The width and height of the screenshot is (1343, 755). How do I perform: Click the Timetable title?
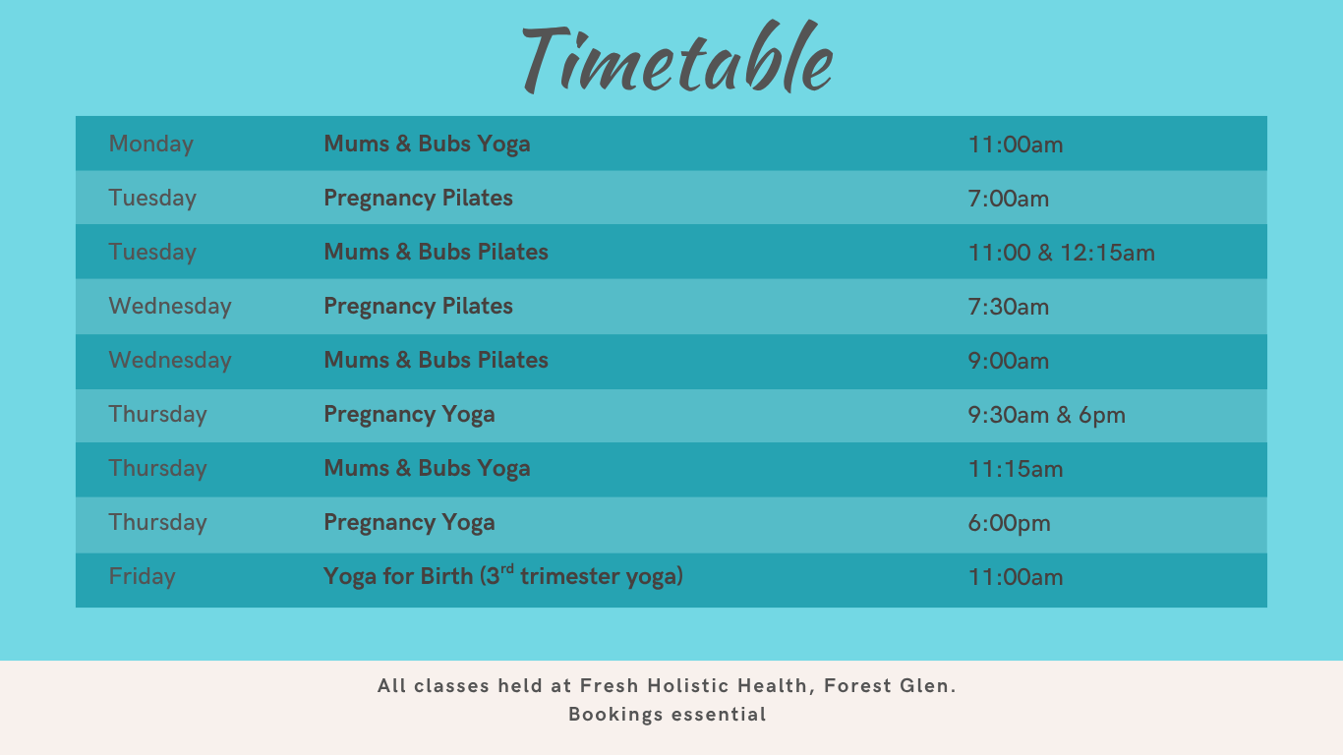[677, 57]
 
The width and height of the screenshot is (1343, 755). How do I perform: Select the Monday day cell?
[151, 145]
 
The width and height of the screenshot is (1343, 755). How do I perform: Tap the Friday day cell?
[143, 576]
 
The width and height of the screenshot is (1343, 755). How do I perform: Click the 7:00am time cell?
[1009, 199]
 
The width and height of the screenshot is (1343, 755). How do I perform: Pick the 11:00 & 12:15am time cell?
[1061, 253]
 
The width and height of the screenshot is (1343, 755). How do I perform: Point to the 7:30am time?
[1009, 307]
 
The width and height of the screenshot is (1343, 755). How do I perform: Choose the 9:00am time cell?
[1009, 361]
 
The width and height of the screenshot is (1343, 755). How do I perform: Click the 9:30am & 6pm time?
[1047, 416]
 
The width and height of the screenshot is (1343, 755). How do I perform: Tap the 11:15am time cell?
[1016, 468]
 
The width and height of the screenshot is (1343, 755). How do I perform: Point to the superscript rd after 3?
[507, 568]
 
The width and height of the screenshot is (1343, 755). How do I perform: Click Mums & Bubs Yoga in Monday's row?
[427, 145]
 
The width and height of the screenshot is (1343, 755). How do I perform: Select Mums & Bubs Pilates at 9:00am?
[436, 360]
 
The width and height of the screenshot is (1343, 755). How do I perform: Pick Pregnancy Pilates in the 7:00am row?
[419, 199]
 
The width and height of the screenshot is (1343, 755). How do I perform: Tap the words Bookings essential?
[668, 715]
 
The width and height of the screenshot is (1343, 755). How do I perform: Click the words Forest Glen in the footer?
[890, 685]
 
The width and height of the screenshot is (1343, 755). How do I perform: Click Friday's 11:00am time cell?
[1016, 577]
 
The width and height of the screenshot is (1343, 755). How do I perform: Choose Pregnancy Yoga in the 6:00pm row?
[410, 523]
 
